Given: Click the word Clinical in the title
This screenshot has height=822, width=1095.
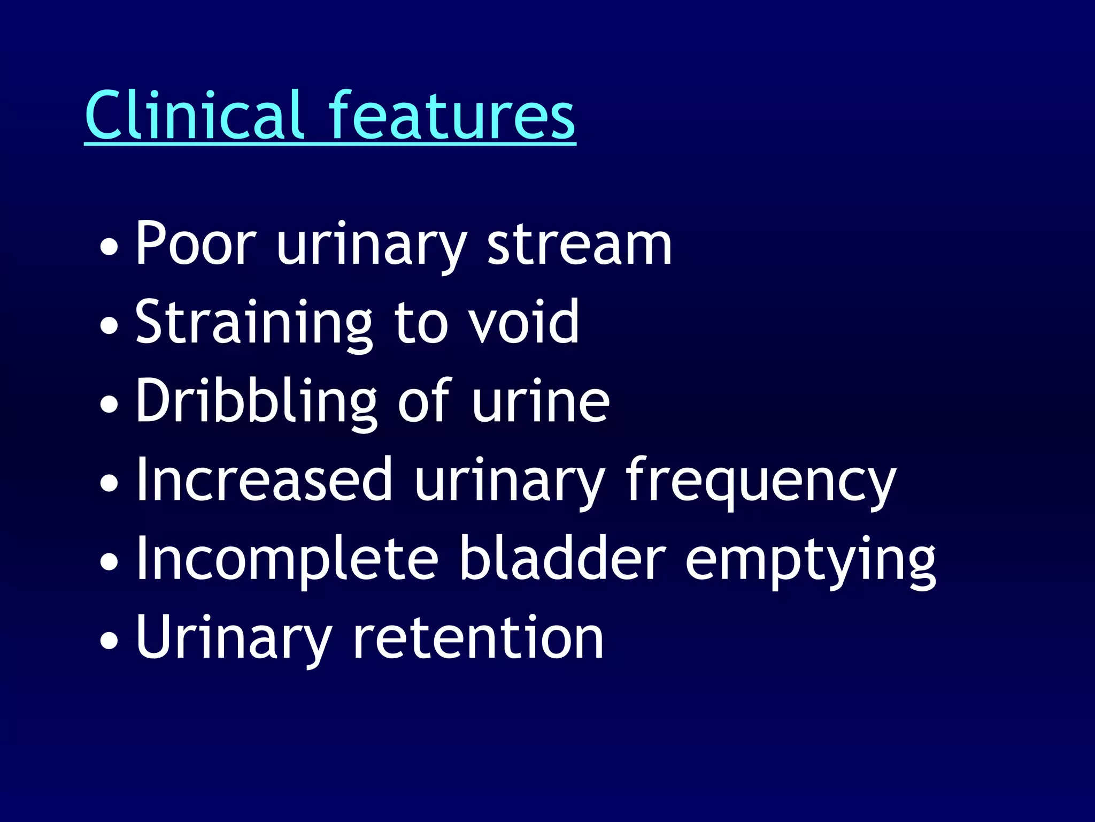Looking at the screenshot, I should (195, 115).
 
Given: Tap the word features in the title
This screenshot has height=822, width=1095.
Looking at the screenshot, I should (452, 115).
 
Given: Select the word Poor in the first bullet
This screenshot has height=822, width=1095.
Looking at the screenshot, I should (196, 243).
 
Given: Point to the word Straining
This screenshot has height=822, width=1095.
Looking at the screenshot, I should (253, 323).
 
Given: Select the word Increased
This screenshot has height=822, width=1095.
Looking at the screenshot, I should (264, 480).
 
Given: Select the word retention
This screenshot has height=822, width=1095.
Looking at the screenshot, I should (478, 637).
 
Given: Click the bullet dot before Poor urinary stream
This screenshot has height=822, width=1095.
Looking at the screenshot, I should (109, 247).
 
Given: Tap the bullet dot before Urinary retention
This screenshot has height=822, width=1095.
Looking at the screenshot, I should (109, 641).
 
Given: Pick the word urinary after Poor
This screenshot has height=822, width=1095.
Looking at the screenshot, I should (372, 245).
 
